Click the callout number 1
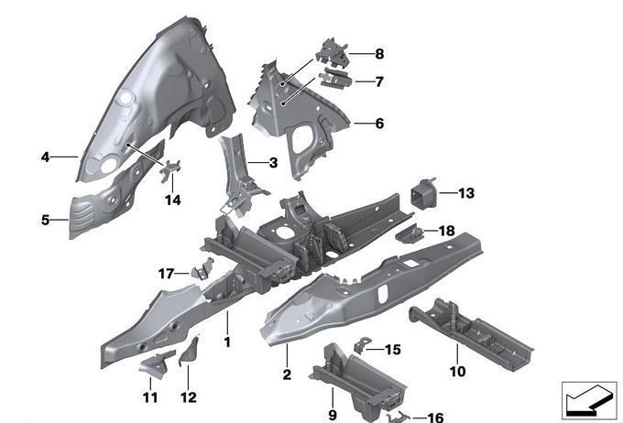click(x=228, y=342)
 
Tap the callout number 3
click(x=273, y=163)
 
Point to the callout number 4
click(x=45, y=157)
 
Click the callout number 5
click(x=45, y=219)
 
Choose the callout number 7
click(x=378, y=81)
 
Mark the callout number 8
click(x=379, y=53)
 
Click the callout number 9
click(x=333, y=399)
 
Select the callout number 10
click(x=457, y=371)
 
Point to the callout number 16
click(x=434, y=418)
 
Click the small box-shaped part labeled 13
click(x=422, y=196)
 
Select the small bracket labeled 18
click(x=409, y=233)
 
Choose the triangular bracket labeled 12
click(x=191, y=352)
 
